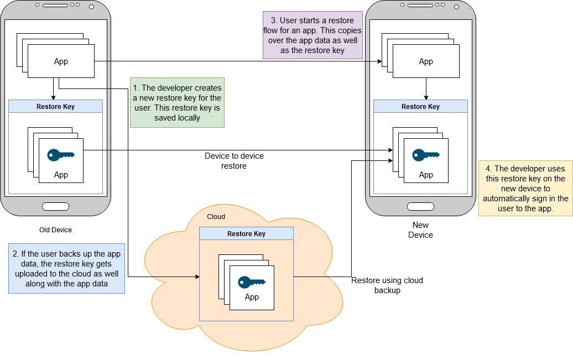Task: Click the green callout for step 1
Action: tap(177, 102)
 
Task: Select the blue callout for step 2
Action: tap(66, 268)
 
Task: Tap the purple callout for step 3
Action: tap(312, 35)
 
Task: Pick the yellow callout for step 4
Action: tap(525, 188)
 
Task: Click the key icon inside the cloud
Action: tap(252, 283)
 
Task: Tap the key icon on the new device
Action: tap(426, 155)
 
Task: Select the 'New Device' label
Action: tap(420, 230)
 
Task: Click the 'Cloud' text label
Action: tap(216, 217)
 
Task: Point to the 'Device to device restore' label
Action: tap(234, 161)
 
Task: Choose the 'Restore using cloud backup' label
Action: tap(387, 285)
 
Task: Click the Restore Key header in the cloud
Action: tap(246, 234)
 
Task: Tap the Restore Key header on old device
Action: tap(55, 107)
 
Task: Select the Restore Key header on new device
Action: tap(420, 107)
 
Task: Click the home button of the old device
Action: tap(55, 207)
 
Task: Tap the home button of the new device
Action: tap(420, 207)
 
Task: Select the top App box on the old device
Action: tap(61, 61)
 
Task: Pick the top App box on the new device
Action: tap(426, 61)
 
